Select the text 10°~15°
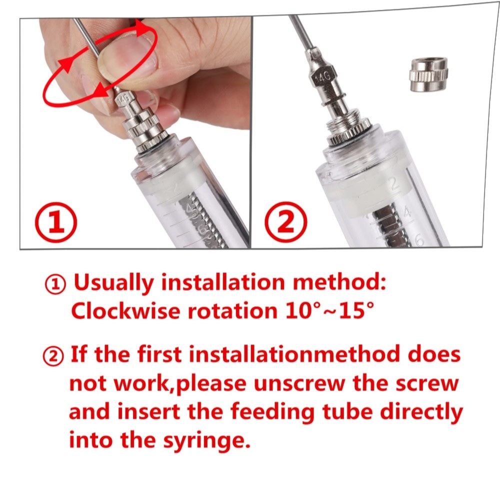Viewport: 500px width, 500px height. [x=329, y=310]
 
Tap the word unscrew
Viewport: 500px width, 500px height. [x=299, y=384]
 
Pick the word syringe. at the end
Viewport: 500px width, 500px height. [x=205, y=440]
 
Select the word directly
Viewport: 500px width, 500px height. [x=421, y=412]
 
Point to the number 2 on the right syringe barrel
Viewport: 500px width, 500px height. [x=394, y=184]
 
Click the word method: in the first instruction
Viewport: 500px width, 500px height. [x=339, y=282]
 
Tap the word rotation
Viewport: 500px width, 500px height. [x=232, y=310]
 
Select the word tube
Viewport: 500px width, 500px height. [x=347, y=412]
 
